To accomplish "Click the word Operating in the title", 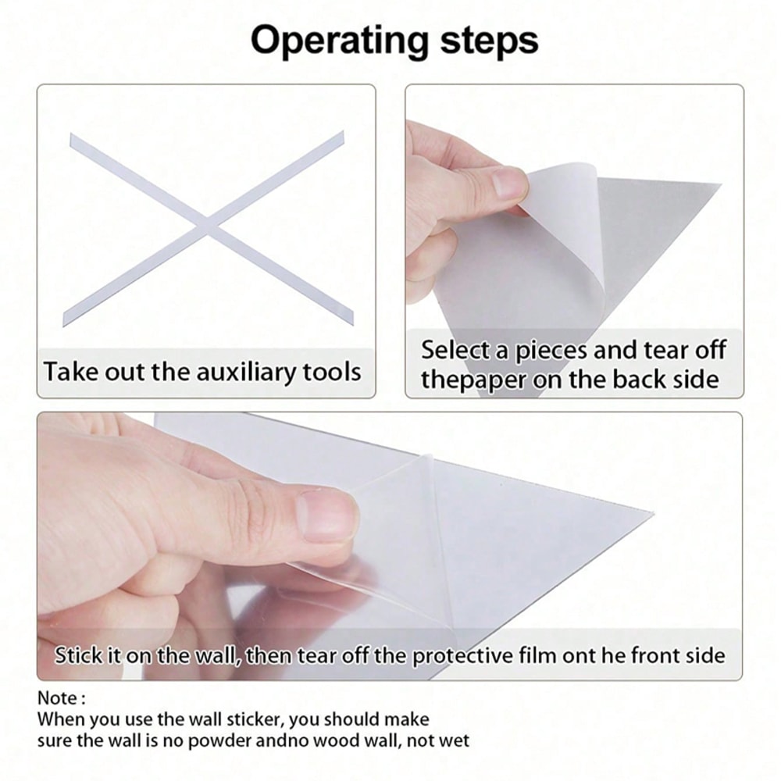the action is pos(340,41).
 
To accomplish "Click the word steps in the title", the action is pos(489,41).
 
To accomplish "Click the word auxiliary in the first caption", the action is pos(245,372).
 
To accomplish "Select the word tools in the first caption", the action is pos(332,372).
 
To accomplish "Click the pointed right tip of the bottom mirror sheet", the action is pos(652,512).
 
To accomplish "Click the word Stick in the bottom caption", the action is pos(78,655).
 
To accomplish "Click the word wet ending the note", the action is pos(454,741).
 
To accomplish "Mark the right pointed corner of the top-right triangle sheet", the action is pos(720,185).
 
